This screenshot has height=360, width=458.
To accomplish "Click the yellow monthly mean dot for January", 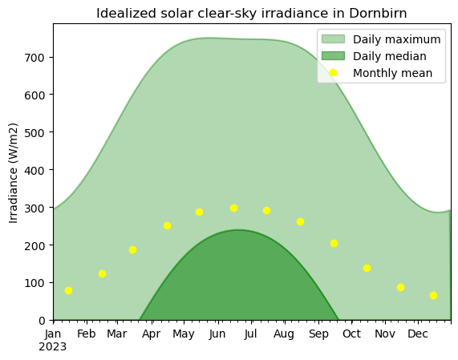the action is pyautogui.click(x=68, y=290).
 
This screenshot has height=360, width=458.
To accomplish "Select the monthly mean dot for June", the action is pyautogui.click(x=233, y=208).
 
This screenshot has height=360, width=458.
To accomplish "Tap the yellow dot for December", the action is pyautogui.click(x=433, y=296).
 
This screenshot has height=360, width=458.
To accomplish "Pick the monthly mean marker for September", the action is pyautogui.click(x=334, y=244).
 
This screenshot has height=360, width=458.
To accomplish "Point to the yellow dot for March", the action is pyautogui.click(x=132, y=250).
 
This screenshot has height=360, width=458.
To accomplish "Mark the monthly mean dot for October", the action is pyautogui.click(x=367, y=269).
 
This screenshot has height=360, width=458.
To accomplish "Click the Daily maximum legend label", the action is pyautogui.click(x=397, y=39).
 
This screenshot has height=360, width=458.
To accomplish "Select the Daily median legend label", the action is pyautogui.click(x=390, y=56).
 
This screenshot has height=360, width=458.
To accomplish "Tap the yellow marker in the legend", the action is pyautogui.click(x=334, y=73).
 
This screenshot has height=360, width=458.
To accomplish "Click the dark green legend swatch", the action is pyautogui.click(x=334, y=56).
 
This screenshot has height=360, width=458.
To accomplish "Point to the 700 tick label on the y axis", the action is pyautogui.click(x=34, y=58).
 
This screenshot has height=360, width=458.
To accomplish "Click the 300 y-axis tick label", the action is pyautogui.click(x=34, y=208).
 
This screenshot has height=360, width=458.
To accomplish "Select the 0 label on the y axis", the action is pyautogui.click(x=42, y=322).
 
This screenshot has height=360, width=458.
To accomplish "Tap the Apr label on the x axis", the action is pyautogui.click(x=151, y=334).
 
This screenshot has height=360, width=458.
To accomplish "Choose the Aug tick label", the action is pyautogui.click(x=284, y=334).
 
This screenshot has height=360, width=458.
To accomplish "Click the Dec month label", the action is pyautogui.click(x=418, y=334).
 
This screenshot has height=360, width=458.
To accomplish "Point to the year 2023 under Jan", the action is pyautogui.click(x=53, y=347).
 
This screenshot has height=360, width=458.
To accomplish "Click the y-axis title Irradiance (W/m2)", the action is pyautogui.click(x=14, y=173).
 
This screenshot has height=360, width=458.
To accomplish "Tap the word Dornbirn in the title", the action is pyautogui.click(x=378, y=14).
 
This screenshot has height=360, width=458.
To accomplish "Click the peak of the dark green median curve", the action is pyautogui.click(x=239, y=230).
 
